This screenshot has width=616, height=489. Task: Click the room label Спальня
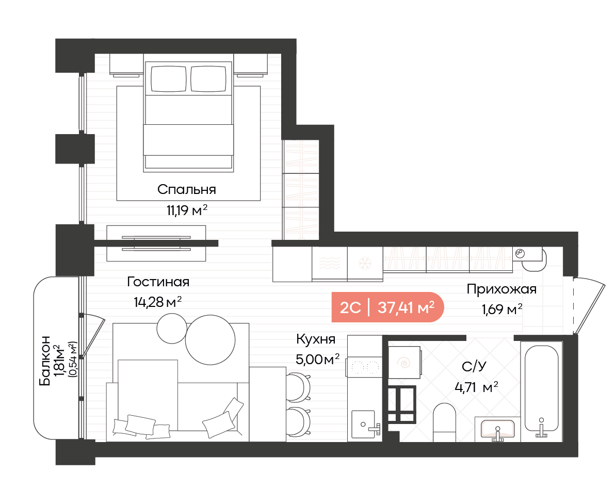point(187,190)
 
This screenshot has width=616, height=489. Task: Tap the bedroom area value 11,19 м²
point(187,210)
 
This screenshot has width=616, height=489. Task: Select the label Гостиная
point(158,282)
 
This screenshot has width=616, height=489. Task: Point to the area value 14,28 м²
point(157,302)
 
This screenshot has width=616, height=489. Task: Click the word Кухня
point(316,339)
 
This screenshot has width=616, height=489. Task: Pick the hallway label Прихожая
point(501,289)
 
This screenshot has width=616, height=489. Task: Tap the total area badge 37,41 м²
point(406,307)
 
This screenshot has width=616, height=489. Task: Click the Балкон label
point(45,360)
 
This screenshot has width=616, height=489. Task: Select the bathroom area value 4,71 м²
point(476,388)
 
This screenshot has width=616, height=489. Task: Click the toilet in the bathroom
point(444,422)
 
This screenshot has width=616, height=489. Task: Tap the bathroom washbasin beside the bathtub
point(498,429)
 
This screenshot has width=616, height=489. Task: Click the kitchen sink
point(363,424)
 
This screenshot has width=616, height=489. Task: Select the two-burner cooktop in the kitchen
point(364,367)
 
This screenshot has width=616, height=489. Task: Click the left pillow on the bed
point(169,78)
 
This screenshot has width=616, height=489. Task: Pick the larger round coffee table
point(210,340)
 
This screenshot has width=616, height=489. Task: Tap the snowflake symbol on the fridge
point(365,264)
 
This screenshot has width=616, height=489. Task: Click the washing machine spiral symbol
point(404,363)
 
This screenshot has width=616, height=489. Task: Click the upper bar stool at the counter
point(299,387)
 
